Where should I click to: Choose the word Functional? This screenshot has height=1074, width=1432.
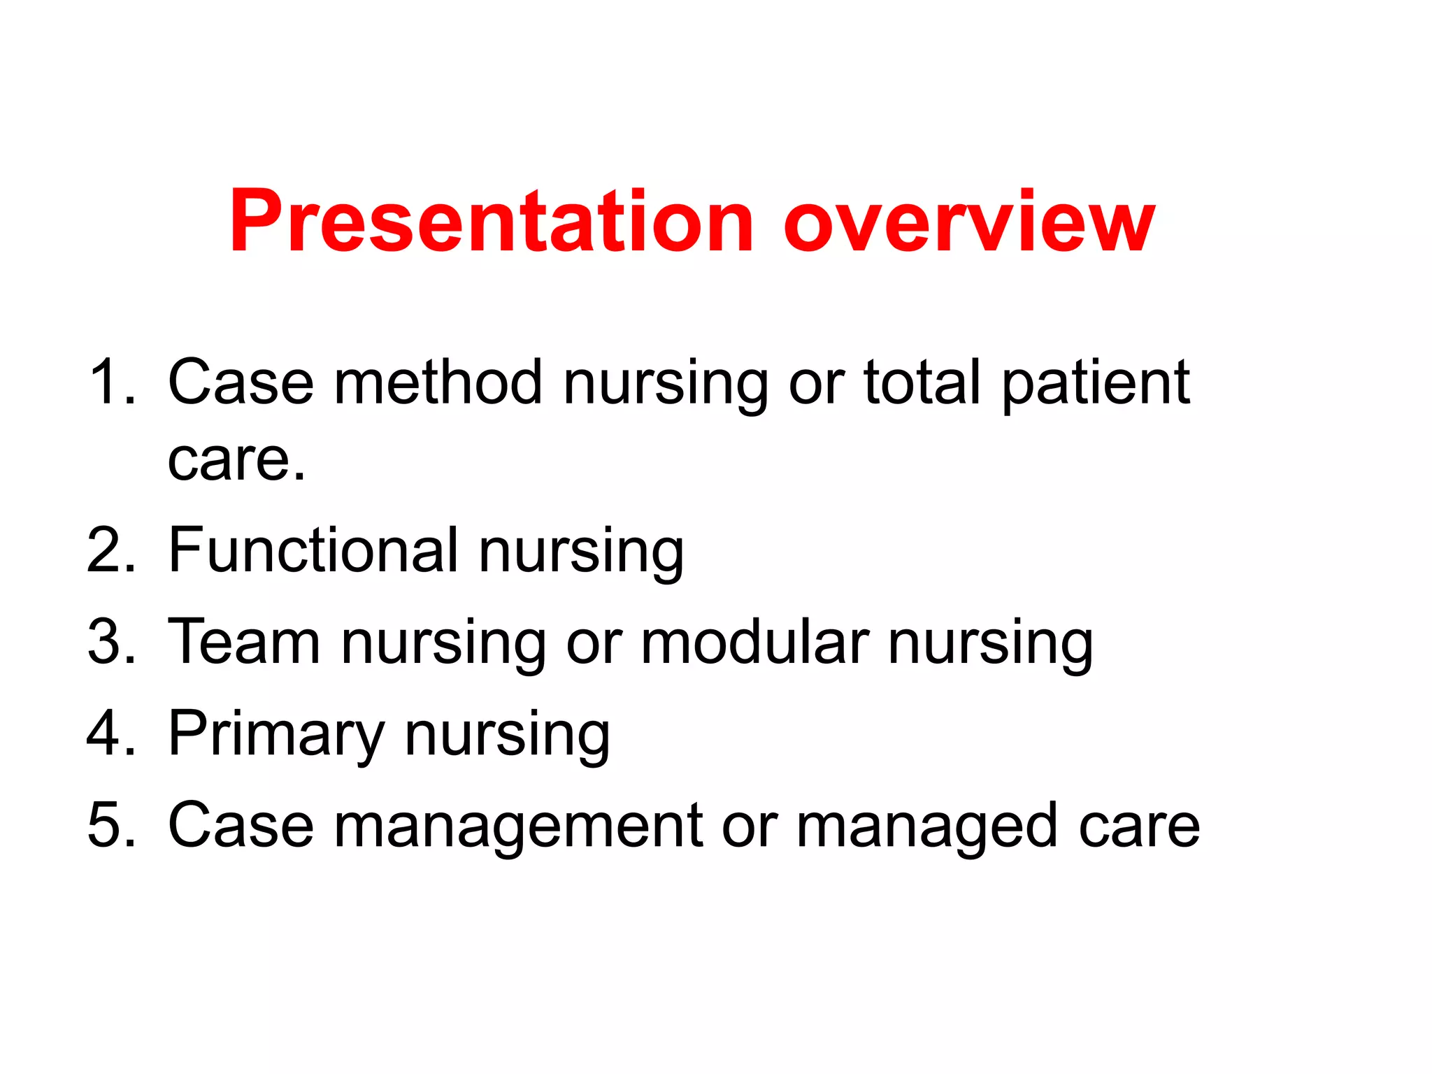coord(313,550)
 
